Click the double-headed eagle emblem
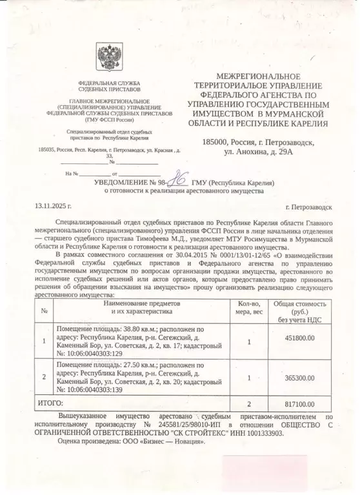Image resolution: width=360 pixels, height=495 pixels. pyautogui.click(x=107, y=59)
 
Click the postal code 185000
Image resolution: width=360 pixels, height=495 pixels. pyautogui.click(x=216, y=141)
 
